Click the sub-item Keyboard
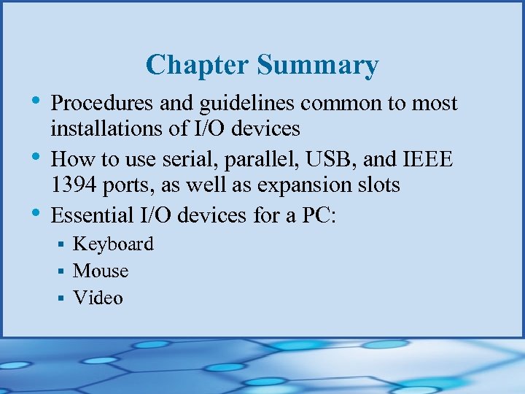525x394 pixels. [113, 244]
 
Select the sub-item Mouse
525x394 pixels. [101, 271]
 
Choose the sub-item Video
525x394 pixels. [98, 298]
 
